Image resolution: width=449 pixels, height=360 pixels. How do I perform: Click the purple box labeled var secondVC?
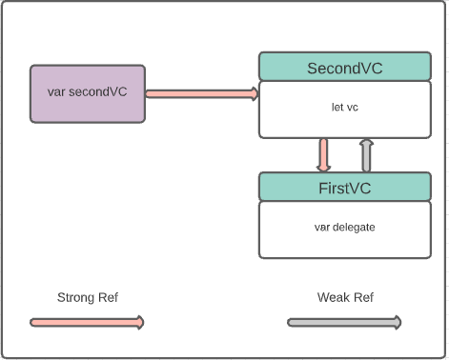pyautogui.click(x=88, y=93)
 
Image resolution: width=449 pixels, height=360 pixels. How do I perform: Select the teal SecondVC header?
pyautogui.click(x=344, y=68)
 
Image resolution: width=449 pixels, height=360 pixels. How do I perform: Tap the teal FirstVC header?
pyautogui.click(x=344, y=187)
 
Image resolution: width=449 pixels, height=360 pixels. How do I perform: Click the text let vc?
pyautogui.click(x=344, y=108)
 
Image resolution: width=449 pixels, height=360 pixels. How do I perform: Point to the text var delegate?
pyautogui.click(x=344, y=228)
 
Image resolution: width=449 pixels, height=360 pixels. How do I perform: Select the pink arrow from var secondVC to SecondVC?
pyautogui.click(x=201, y=93)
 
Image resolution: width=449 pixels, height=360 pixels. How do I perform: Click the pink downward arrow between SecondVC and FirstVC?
pyautogui.click(x=323, y=154)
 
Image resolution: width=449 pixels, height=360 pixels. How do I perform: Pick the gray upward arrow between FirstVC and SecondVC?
pyautogui.click(x=366, y=154)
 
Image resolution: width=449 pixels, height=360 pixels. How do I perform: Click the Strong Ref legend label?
pyautogui.click(x=88, y=297)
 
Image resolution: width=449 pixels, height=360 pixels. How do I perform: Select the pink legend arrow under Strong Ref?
pyautogui.click(x=86, y=323)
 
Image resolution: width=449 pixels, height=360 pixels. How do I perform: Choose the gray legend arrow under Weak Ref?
pyautogui.click(x=343, y=323)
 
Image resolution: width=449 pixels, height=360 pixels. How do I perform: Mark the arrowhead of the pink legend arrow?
pyautogui.click(x=140, y=323)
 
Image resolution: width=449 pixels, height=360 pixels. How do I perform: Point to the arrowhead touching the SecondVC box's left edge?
pyautogui.click(x=255, y=93)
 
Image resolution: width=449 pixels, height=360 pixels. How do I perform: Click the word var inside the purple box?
pyautogui.click(x=56, y=93)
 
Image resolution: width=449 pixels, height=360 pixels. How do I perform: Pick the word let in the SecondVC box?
pyautogui.click(x=337, y=108)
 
